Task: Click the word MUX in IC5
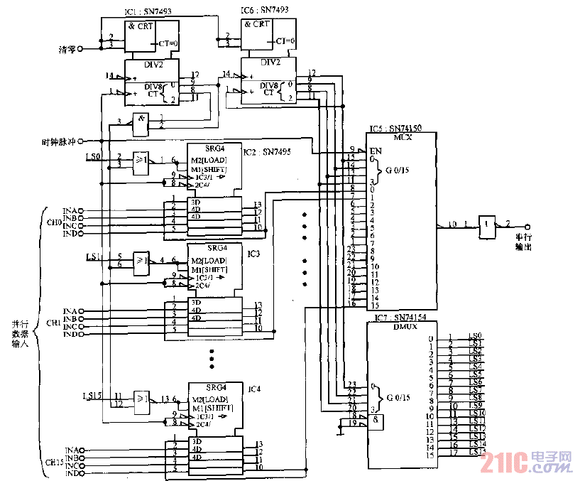tap(401, 137)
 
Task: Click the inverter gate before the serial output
tap(487, 225)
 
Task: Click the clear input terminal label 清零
tap(66, 49)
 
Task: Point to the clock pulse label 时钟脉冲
tap(59, 141)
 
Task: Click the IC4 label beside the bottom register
tap(254, 388)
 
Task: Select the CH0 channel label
tap(54, 222)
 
